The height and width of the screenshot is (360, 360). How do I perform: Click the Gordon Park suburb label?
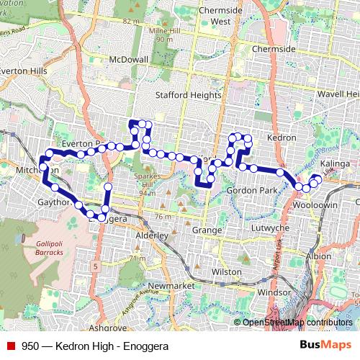(x=251, y=189)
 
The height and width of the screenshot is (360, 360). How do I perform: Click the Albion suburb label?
(x=318, y=256)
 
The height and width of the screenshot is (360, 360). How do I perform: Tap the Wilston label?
(x=227, y=272)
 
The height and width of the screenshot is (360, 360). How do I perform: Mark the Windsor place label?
(x=274, y=293)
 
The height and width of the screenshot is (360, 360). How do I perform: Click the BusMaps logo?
(x=325, y=345)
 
